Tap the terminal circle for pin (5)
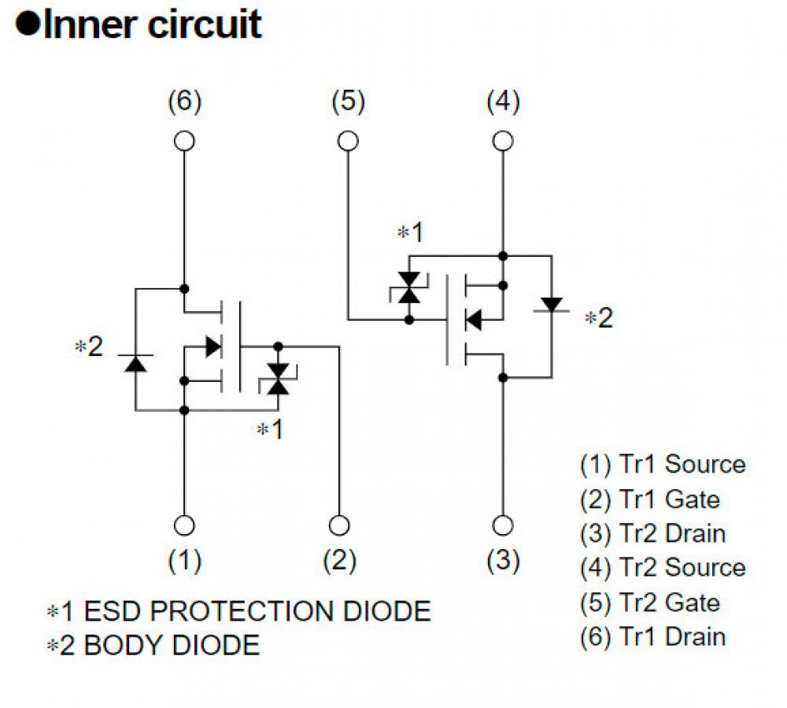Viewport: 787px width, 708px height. click(348, 141)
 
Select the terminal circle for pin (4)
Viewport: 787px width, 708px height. click(503, 141)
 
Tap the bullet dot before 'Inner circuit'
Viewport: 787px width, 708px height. click(28, 25)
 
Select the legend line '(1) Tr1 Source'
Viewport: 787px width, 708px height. click(662, 464)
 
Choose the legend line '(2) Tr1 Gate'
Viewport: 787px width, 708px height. click(649, 499)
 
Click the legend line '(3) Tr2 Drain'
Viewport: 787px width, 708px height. click(652, 533)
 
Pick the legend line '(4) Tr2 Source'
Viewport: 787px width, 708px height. click(662, 567)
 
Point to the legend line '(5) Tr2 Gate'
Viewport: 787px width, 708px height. click(649, 602)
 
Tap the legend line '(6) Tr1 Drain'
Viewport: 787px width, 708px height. click(652, 636)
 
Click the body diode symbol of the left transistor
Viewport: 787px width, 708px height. click(135, 363)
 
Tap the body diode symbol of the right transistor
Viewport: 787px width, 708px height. click(552, 304)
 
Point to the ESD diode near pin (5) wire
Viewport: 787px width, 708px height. click(408, 288)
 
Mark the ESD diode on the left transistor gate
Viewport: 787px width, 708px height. click(277, 377)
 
